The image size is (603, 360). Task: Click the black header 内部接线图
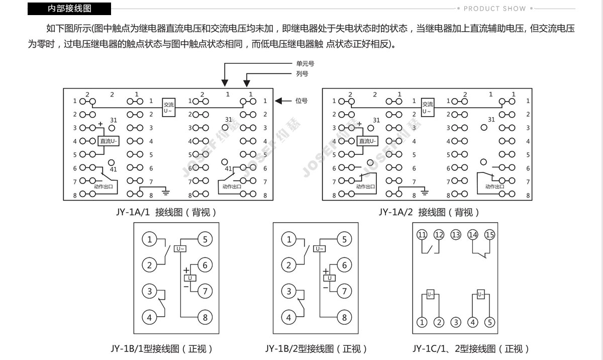pos(69,9)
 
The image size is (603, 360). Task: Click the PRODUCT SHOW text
pos(494,9)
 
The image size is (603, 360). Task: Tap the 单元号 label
pos(306,63)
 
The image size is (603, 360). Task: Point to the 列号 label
pos(302,73)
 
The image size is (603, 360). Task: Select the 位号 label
pos(301,101)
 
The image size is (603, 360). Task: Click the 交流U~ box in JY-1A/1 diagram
pos(168,108)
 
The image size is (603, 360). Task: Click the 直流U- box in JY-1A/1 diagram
pos(109,141)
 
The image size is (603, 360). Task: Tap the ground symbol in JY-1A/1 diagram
pos(166,192)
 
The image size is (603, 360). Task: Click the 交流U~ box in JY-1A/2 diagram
pos(428,108)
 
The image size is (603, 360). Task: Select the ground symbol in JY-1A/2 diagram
pos(425,192)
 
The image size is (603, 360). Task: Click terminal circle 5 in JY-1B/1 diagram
pos(205,239)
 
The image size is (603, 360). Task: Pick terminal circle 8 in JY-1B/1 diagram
pos(205,317)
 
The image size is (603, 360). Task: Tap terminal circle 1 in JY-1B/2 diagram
pos(288,239)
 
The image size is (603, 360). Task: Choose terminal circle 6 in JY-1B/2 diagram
pos(344,265)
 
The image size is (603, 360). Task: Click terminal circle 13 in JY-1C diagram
pos(456,235)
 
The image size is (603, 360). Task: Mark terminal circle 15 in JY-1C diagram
pos(489,235)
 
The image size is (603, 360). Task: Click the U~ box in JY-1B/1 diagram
pos(180,248)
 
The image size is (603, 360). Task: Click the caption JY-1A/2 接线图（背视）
pos(429,213)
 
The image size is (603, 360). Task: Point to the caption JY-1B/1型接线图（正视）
pos(161,349)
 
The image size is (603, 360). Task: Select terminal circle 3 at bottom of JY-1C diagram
pos(456,322)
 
